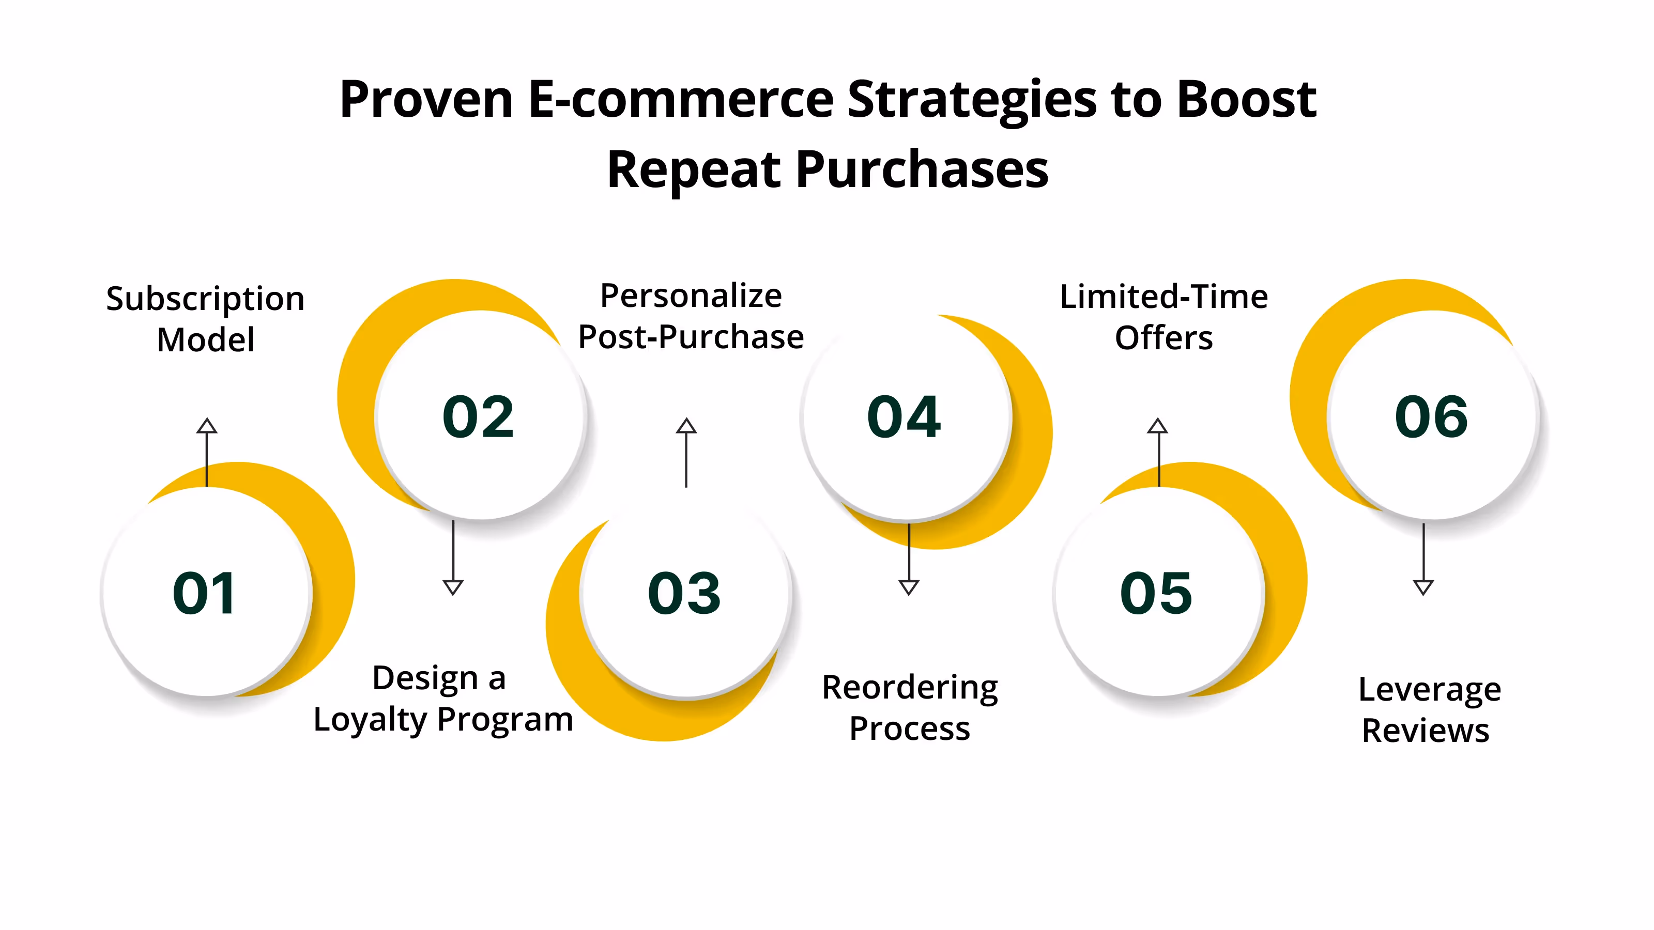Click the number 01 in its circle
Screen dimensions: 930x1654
204,593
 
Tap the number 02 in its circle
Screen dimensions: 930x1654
478,417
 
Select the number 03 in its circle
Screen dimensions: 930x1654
684,593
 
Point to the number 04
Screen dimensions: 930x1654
903,417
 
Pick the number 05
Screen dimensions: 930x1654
1156,593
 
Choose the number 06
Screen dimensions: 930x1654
1431,417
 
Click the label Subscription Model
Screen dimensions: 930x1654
206,319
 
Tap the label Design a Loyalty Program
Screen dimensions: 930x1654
442,699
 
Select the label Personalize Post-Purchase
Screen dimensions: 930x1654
691,316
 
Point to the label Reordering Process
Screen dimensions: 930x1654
910,708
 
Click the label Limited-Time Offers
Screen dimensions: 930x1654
1163,317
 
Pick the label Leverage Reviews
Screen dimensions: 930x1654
1429,710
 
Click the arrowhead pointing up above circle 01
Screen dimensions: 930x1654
207,426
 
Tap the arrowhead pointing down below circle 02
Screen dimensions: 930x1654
453,586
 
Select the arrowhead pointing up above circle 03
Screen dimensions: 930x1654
686,426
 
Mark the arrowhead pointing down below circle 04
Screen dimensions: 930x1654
909,586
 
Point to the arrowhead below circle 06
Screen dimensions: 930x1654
1423,586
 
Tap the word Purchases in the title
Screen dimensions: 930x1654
922,170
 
